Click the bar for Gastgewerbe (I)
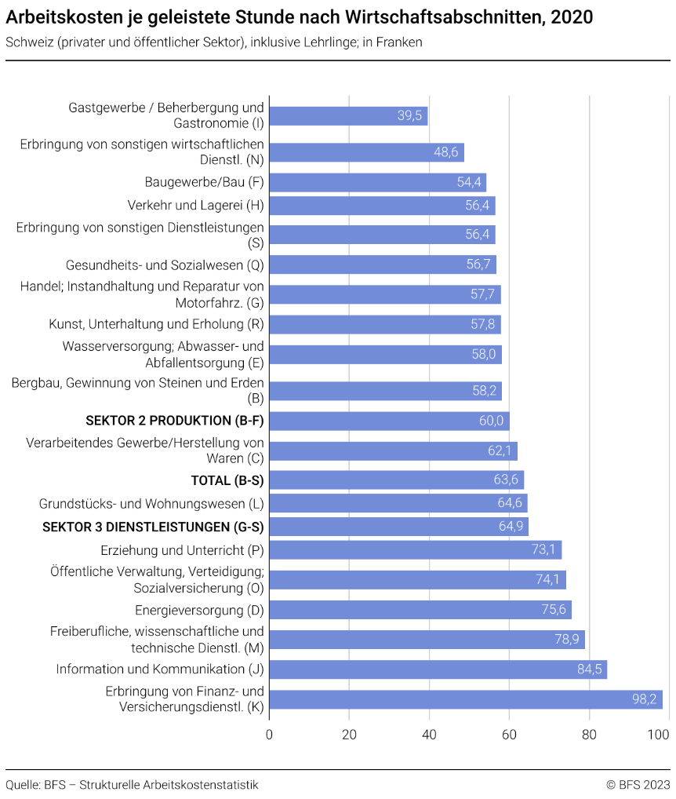tap(348, 115)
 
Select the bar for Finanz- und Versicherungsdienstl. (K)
tap(466, 699)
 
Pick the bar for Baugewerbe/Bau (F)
tap(377, 183)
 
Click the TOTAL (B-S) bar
tap(396, 480)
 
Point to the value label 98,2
tap(645, 699)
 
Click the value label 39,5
tap(410, 115)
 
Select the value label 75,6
tap(554, 611)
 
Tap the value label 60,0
tap(492, 421)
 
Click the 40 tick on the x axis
tap(429, 735)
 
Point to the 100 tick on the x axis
tap(659, 735)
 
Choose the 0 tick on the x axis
tap(270, 735)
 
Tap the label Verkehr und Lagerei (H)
tap(196, 206)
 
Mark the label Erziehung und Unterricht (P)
tap(183, 550)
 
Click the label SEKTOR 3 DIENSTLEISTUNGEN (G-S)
tap(154, 526)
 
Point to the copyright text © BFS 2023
tap(638, 785)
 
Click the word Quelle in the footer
tap(22, 785)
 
